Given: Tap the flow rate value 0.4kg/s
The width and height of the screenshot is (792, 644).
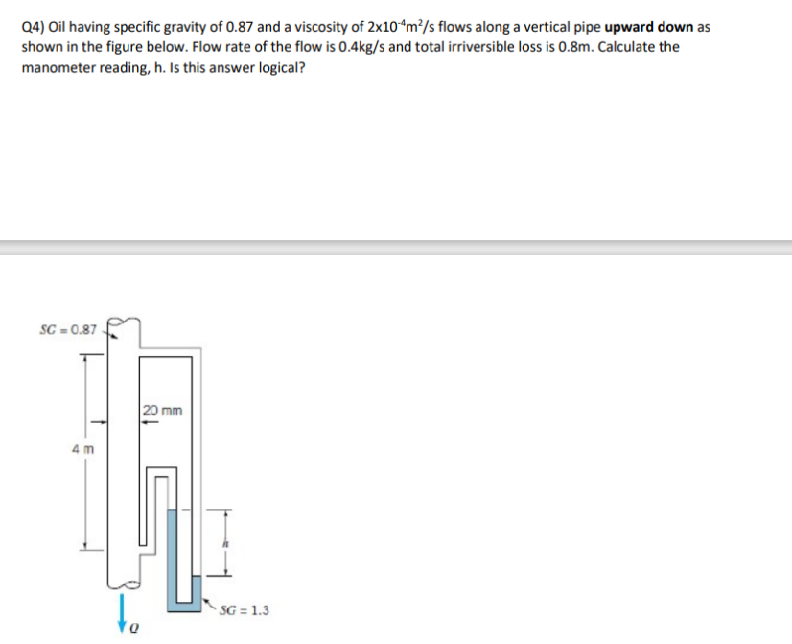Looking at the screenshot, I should [391, 47].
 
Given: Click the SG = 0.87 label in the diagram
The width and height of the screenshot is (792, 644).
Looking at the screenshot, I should [67, 330].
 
